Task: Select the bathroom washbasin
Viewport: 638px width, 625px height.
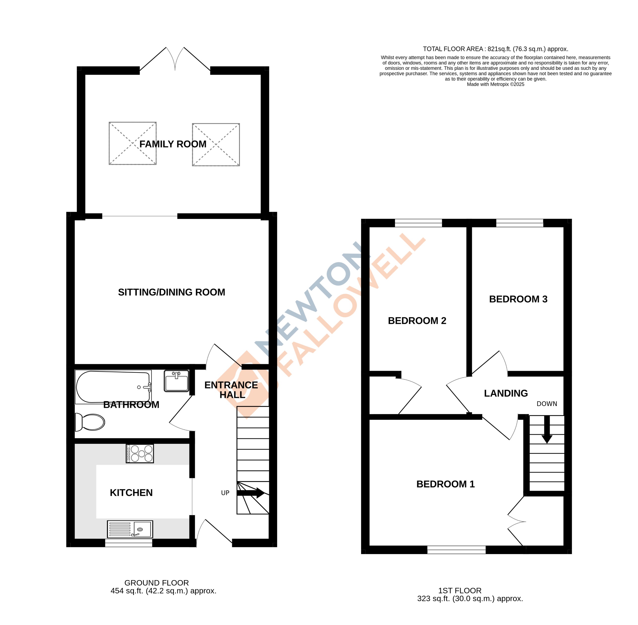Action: pos(177,381)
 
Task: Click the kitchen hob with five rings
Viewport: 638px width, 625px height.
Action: pos(140,453)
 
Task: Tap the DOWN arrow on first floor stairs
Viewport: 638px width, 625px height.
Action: pos(547,430)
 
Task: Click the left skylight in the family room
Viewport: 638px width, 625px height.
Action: pos(133,143)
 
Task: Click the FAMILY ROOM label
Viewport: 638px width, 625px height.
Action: pos(173,144)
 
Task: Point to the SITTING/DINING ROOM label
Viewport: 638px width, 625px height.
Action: pos(171,292)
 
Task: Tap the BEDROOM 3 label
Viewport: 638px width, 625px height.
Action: pos(518,299)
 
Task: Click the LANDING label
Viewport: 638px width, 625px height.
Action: pos(506,393)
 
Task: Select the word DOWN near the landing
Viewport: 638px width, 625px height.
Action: pos(547,404)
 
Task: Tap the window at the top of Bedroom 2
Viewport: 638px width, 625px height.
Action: pos(419,223)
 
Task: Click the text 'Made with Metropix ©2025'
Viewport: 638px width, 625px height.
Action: pos(496,84)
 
